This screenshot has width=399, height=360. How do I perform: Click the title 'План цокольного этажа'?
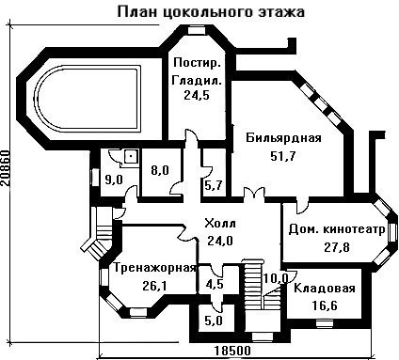[x=211, y=12]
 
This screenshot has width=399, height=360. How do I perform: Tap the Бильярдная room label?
[x=283, y=138]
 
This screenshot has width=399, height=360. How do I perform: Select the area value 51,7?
[x=283, y=155]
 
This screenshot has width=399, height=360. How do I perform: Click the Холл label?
[x=220, y=224]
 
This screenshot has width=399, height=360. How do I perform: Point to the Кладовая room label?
[x=325, y=288]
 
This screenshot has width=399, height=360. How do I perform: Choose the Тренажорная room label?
[x=155, y=268]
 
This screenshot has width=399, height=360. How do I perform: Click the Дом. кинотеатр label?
[x=337, y=229]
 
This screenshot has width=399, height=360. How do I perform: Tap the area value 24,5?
[x=197, y=95]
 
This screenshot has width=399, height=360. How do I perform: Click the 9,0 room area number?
[x=114, y=180]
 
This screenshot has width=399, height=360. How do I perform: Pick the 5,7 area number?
[x=214, y=185]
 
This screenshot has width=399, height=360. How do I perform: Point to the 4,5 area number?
[x=215, y=284]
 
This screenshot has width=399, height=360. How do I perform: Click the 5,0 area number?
[x=214, y=321]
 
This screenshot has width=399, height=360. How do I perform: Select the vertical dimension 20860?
[x=5, y=169]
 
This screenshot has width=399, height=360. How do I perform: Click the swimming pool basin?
[x=87, y=99]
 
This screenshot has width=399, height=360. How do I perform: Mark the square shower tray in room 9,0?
[x=132, y=156]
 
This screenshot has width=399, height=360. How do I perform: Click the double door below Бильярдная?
[x=253, y=193]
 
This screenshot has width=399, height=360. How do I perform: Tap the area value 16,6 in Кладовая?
[x=325, y=305]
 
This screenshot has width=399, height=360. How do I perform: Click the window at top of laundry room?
[x=198, y=30]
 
